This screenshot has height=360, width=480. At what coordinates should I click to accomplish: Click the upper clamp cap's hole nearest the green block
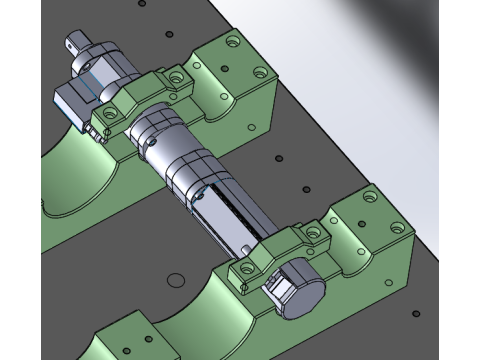coord(176,77)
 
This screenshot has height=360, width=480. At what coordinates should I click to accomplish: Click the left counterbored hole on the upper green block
coord(232,43)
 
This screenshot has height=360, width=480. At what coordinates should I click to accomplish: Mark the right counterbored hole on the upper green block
coord(261,72)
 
